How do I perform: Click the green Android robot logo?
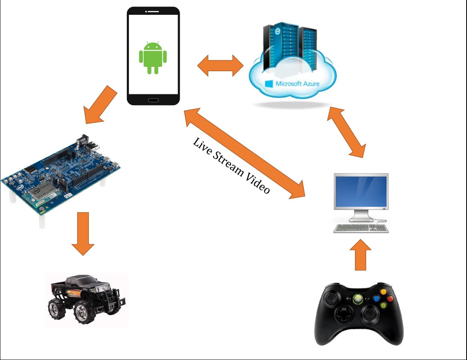click(x=152, y=58)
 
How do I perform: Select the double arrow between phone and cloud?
click(x=220, y=65)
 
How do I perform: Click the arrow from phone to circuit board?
click(x=100, y=104)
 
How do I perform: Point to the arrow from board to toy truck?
click(x=83, y=234)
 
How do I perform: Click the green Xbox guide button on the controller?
click(x=357, y=299)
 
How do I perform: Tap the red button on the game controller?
click(x=390, y=299)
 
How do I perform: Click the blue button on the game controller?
click(x=376, y=298)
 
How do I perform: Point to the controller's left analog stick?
click(x=332, y=298)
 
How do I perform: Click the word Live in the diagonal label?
click(x=201, y=145)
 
